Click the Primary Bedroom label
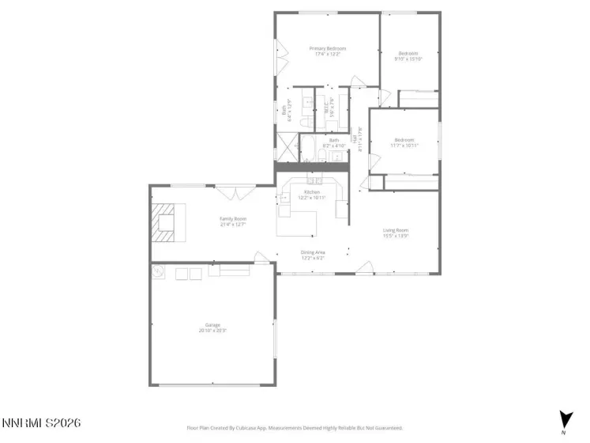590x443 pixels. [x=327, y=48]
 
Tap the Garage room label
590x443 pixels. [x=212, y=324]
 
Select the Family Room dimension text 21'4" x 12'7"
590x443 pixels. [x=233, y=224]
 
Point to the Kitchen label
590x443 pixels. [x=312, y=192]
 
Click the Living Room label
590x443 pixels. [x=395, y=230]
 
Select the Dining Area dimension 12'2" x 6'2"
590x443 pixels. [x=312, y=258]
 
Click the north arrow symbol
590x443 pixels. [x=563, y=419]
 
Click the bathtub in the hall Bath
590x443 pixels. [x=309, y=150]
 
